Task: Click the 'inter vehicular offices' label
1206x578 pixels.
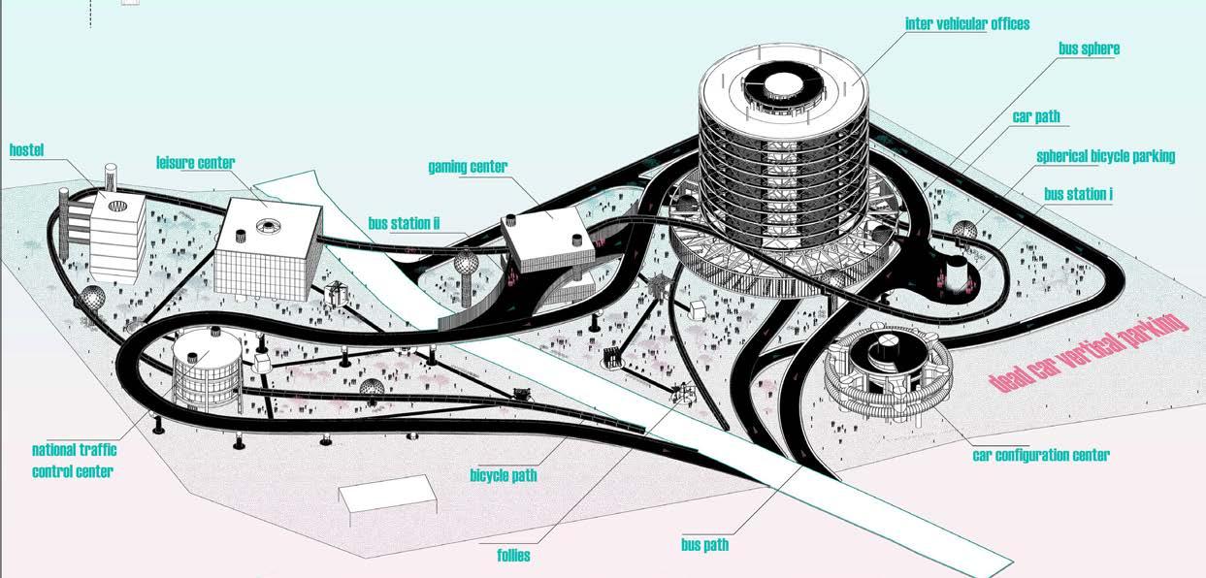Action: click(x=966, y=23)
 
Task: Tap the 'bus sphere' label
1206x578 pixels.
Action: click(x=1090, y=48)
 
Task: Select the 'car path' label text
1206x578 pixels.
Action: click(x=1036, y=116)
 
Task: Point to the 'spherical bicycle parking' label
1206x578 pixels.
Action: click(x=1105, y=156)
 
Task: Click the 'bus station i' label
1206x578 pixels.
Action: click(x=1078, y=194)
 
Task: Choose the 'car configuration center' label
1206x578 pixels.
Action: click(x=1040, y=455)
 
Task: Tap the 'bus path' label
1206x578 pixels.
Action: click(x=704, y=544)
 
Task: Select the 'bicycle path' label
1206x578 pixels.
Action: click(x=503, y=475)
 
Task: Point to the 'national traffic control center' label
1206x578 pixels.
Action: click(x=73, y=461)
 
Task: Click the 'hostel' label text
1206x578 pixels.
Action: click(x=27, y=150)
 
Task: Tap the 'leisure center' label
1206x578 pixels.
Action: click(x=195, y=163)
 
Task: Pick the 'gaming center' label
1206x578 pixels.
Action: click(x=468, y=167)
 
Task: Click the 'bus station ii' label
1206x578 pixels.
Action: click(x=404, y=224)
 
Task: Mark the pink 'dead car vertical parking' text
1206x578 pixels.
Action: click(x=1088, y=352)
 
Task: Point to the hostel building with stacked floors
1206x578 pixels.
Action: click(x=116, y=233)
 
